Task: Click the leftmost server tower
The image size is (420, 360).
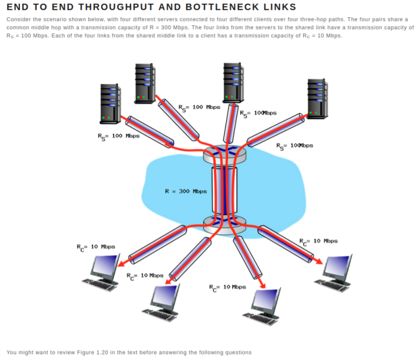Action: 110,103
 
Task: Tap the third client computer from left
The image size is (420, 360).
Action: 264,306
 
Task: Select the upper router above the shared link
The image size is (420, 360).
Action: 224,156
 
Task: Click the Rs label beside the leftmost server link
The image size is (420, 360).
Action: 118,136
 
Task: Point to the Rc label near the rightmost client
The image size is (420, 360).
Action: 318,241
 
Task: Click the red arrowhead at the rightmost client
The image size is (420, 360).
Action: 319,262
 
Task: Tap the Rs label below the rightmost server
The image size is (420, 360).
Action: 294,145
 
